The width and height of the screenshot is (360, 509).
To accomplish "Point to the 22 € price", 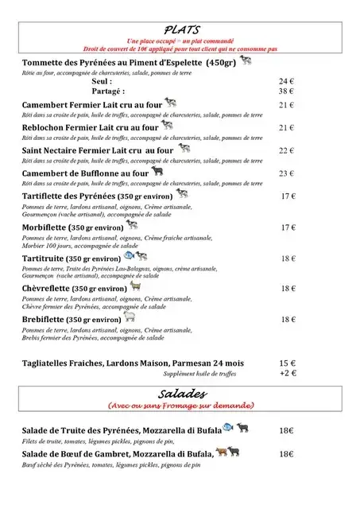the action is click(286, 150).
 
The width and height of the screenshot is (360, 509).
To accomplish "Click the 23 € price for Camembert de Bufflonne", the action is click(286, 173).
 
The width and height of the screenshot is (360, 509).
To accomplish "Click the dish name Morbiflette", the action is click(49, 227).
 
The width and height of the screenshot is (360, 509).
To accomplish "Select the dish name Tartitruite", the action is click(47, 258).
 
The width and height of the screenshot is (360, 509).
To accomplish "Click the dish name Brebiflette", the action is click(47, 319).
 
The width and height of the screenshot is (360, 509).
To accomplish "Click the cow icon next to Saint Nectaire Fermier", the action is click(184, 148).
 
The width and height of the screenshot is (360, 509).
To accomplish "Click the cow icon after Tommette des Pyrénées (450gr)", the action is click(246, 60).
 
